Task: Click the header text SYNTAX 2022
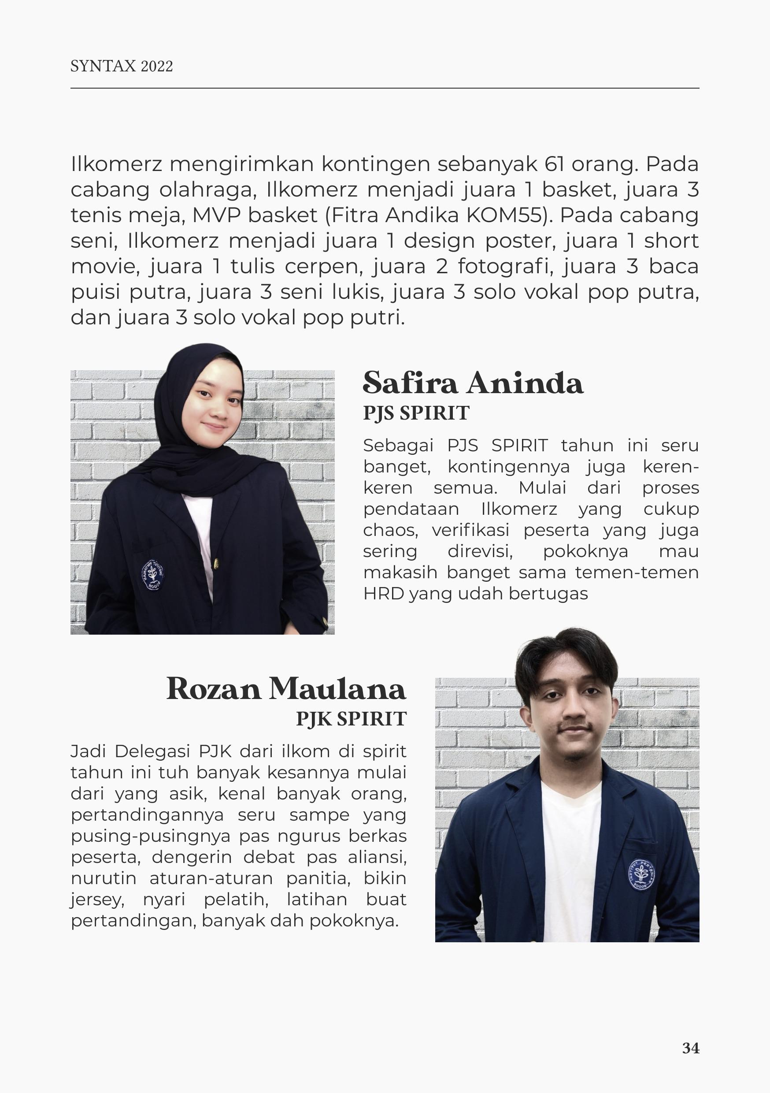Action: tap(121, 66)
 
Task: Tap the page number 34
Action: tap(691, 1048)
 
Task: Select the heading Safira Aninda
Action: tap(473, 383)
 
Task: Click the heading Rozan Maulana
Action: tap(286, 688)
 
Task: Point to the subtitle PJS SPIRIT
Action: tap(416, 413)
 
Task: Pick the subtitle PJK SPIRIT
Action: tap(351, 718)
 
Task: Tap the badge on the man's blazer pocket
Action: tap(641, 875)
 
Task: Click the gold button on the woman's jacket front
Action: tap(216, 564)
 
